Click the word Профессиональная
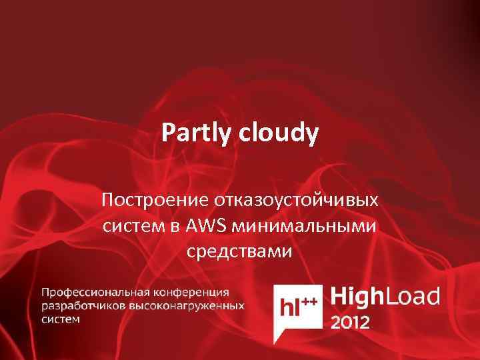click(x=97, y=292)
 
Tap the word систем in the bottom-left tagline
click(x=61, y=319)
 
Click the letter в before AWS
click(x=173, y=227)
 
